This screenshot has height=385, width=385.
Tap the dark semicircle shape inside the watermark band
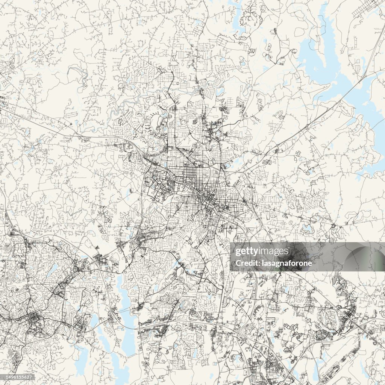(x=361, y=259)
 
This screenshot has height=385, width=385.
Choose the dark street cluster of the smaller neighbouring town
(x=34, y=320)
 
